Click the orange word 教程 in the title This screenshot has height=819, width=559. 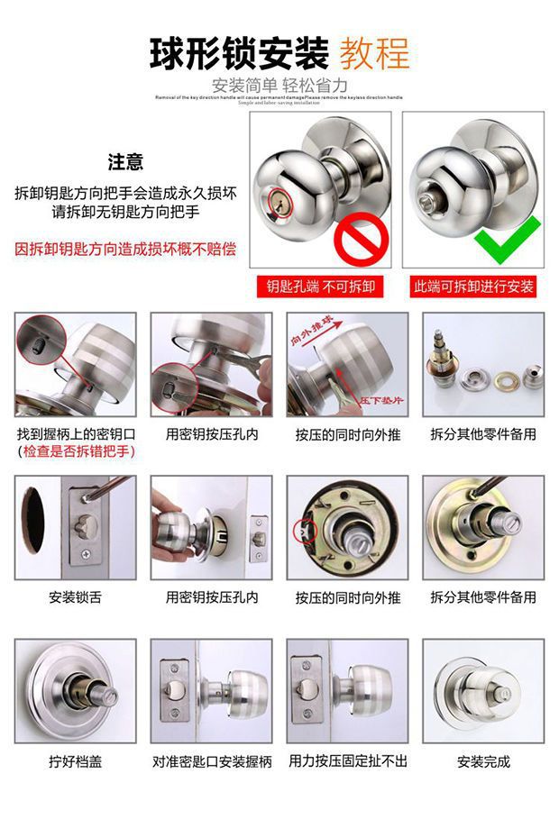374,54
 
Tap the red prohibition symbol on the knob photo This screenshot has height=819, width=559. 361,241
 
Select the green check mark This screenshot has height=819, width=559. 509,242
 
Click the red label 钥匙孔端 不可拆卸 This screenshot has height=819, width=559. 320,287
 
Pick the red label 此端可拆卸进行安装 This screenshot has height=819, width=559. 473,287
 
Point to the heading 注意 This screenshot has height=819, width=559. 125,162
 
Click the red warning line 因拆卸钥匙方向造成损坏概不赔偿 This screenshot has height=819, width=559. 125,249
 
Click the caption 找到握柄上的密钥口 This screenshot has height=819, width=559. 76,434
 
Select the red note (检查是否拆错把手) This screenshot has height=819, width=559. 76,451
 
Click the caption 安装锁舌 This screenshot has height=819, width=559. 75,597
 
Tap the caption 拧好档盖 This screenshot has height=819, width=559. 75,761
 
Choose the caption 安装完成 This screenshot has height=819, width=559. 483,761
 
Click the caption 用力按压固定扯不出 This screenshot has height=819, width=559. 348,761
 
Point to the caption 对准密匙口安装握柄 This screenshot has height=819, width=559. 212,761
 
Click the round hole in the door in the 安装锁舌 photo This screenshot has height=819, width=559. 33,521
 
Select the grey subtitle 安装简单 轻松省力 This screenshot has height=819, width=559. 279,86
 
